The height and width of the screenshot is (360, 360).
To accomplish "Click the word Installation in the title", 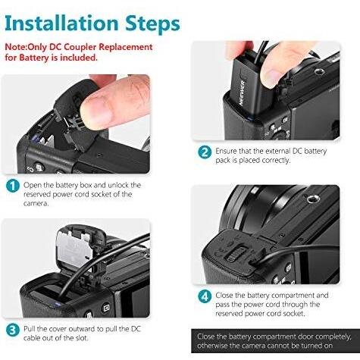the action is point(61,23).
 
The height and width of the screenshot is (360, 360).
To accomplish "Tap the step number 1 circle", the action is point(13,186).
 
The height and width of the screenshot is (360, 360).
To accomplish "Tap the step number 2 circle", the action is point(205,152).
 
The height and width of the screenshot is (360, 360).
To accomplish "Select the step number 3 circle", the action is point(13,330).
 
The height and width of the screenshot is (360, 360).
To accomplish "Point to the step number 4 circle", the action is point(205,296).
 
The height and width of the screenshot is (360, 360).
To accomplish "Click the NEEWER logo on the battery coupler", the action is point(243,92).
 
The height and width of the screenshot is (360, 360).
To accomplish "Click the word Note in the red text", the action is point(15,47).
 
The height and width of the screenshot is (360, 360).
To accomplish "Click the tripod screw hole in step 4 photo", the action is point(312,199).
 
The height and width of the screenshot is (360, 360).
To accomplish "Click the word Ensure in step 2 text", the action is point(226,151).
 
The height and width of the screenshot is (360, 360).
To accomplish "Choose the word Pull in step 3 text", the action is point(29,329).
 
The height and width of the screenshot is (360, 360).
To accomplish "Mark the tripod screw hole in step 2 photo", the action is point(320,72).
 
